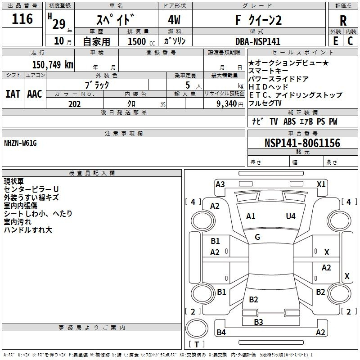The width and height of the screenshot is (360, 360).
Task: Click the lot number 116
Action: [22, 19]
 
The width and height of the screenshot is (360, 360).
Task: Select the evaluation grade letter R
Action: [343, 21]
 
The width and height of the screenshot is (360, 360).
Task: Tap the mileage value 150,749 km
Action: [53, 65]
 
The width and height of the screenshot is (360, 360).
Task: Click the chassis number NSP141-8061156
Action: [302, 143]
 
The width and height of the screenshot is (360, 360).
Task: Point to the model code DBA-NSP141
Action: [258, 41]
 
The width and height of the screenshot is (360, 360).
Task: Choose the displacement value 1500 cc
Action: [141, 41]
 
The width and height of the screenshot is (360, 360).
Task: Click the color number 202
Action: [74, 104]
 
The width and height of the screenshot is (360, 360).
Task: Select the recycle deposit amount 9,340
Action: [227, 104]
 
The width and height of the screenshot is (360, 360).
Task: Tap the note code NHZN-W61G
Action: [20, 143]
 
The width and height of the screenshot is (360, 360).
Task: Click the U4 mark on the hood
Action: [291, 216]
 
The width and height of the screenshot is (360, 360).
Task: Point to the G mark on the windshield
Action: [257, 237]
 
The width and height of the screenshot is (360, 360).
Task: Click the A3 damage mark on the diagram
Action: [220, 184]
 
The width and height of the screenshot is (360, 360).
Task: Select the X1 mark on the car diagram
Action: [321, 184]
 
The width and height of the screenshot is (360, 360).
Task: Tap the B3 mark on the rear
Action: [258, 322]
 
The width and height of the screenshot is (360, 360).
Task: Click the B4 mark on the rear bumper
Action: [221, 332]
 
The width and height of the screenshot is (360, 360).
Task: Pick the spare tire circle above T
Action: [197, 328]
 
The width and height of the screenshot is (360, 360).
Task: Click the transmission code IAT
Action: [13, 94]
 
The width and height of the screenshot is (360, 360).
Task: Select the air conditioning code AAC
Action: [35, 94]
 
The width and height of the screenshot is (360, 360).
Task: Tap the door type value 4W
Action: [174, 20]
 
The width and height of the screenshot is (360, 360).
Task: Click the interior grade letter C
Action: [350, 41]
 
